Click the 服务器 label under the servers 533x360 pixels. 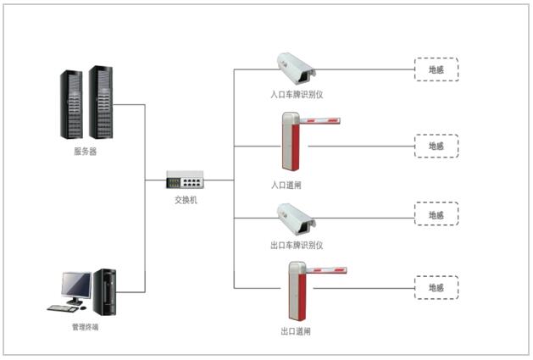(85, 153)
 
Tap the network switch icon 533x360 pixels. (185, 180)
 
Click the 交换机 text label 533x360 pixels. (185, 200)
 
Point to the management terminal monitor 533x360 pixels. (77, 286)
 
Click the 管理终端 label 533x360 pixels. (84, 325)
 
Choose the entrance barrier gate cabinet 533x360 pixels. (292, 141)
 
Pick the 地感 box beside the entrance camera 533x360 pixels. (436, 69)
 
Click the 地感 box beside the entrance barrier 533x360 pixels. (436, 146)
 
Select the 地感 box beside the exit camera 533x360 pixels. (436, 214)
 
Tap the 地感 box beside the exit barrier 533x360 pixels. (436, 288)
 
